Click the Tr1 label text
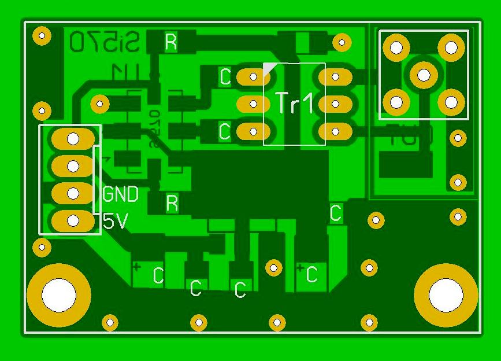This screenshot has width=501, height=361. pyautogui.click(x=294, y=103)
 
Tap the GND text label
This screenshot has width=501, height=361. pyautogui.click(x=120, y=194)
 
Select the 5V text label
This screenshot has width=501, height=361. pyautogui.click(x=116, y=221)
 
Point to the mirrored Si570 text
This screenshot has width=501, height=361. pyautogui.click(x=105, y=42)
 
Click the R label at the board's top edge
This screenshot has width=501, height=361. pyautogui.click(x=170, y=42)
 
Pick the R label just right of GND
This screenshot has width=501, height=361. pyautogui.click(x=172, y=203)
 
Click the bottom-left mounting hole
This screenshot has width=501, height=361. pyautogui.click(x=58, y=295)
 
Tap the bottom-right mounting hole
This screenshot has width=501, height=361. pyautogui.click(x=446, y=296)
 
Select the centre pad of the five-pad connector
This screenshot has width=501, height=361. pyautogui.click(x=424, y=75)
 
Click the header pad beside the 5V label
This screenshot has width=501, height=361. pyautogui.click(x=73, y=220)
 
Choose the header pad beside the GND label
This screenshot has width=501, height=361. pyautogui.click(x=73, y=193)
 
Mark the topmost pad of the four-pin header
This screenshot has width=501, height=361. pyautogui.click(x=73, y=138)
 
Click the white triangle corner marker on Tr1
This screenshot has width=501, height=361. pyautogui.click(x=269, y=69)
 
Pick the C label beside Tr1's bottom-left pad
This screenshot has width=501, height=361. pyautogui.click(x=225, y=131)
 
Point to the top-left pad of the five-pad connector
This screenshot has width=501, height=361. pyautogui.click(x=396, y=47)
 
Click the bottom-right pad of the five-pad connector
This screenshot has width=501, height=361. pyautogui.click(x=451, y=102)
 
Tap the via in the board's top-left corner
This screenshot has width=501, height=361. pyautogui.click(x=42, y=36)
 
